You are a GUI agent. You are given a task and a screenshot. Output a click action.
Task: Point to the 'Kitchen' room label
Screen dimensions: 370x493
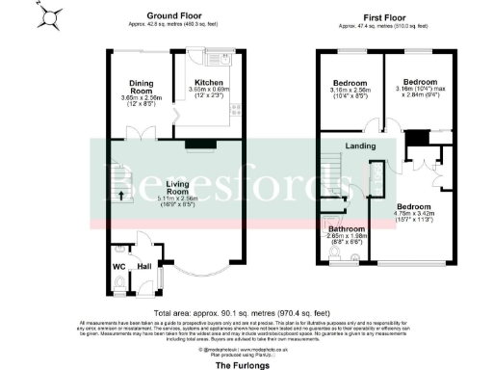pos(208,84)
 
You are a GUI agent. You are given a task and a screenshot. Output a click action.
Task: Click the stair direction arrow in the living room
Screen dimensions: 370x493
pos(121,196)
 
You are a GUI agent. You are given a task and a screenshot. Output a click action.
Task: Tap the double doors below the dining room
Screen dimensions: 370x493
pos(145,133)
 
